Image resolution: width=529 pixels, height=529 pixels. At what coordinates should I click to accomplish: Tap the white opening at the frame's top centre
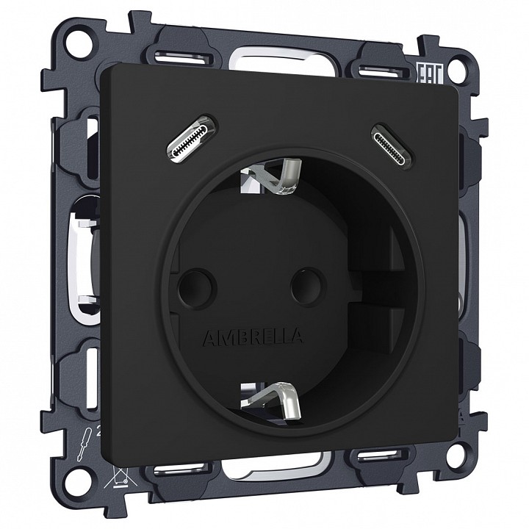click(x=273, y=59)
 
